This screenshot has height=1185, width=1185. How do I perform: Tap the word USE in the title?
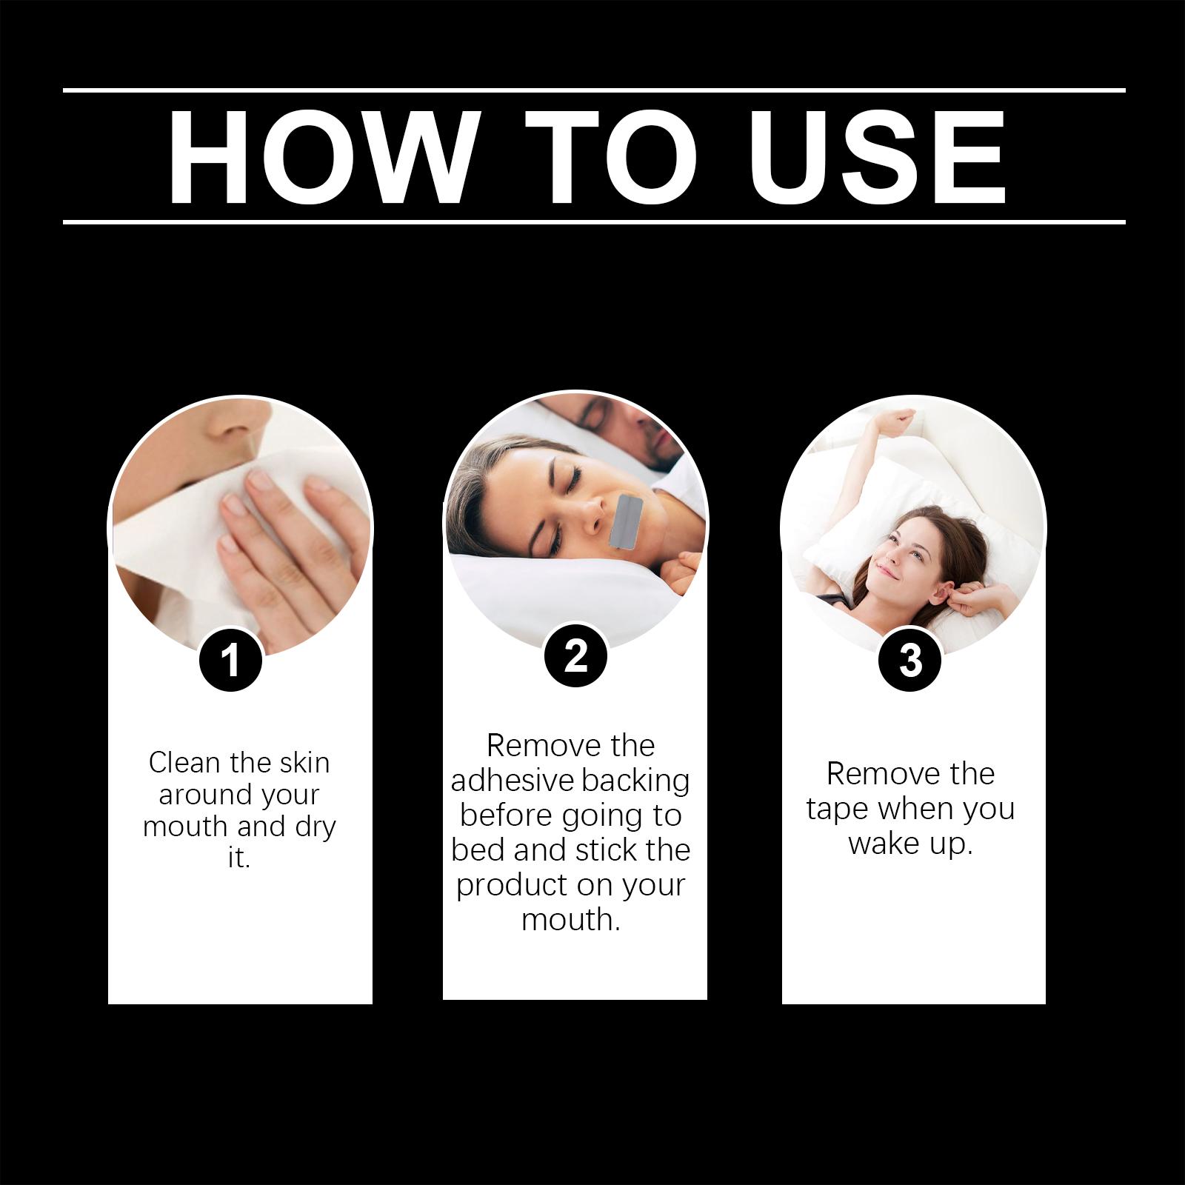pos(880,156)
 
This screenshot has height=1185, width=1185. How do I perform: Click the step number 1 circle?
pos(231,659)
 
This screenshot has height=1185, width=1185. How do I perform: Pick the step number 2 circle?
pos(575,655)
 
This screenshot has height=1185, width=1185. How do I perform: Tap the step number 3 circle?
pos(910,659)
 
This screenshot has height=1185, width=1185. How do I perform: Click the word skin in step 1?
pos(303,762)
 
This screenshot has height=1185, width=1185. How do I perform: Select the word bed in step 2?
pos(478,849)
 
